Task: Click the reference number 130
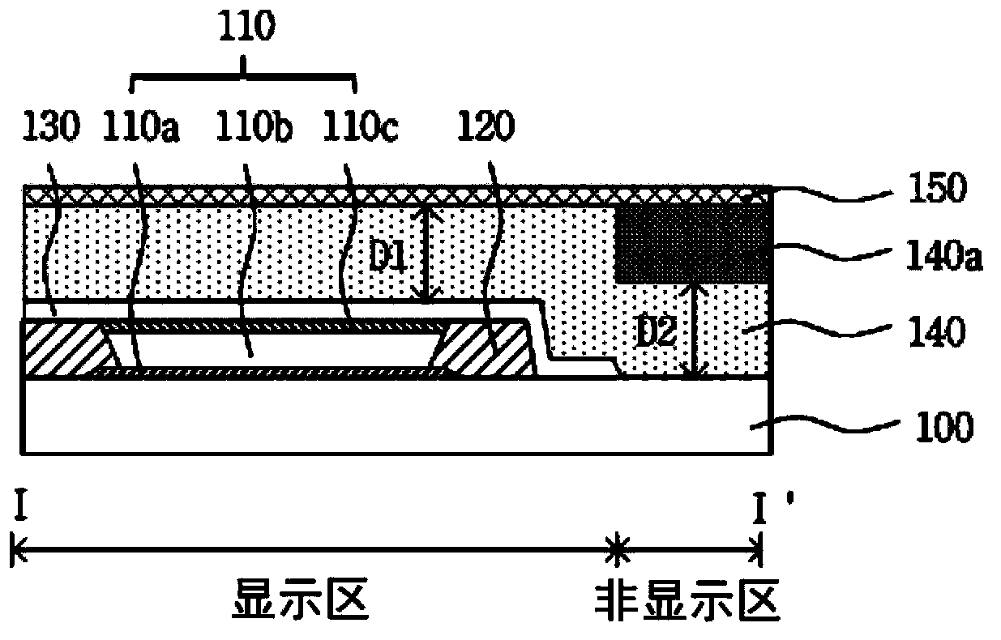(51, 126)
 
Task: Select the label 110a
(141, 126)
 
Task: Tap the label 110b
(254, 126)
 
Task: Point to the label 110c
(360, 126)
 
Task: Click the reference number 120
(486, 126)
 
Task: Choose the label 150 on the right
(938, 188)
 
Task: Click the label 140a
(944, 256)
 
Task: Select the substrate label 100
(944, 427)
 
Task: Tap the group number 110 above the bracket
(246, 26)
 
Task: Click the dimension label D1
(387, 258)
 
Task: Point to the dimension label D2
(656, 333)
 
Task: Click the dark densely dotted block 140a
(693, 244)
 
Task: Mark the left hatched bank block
(67, 348)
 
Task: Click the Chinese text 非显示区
(688, 599)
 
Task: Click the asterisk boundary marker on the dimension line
(617, 549)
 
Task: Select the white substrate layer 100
(397, 416)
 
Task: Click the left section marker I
(20, 506)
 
